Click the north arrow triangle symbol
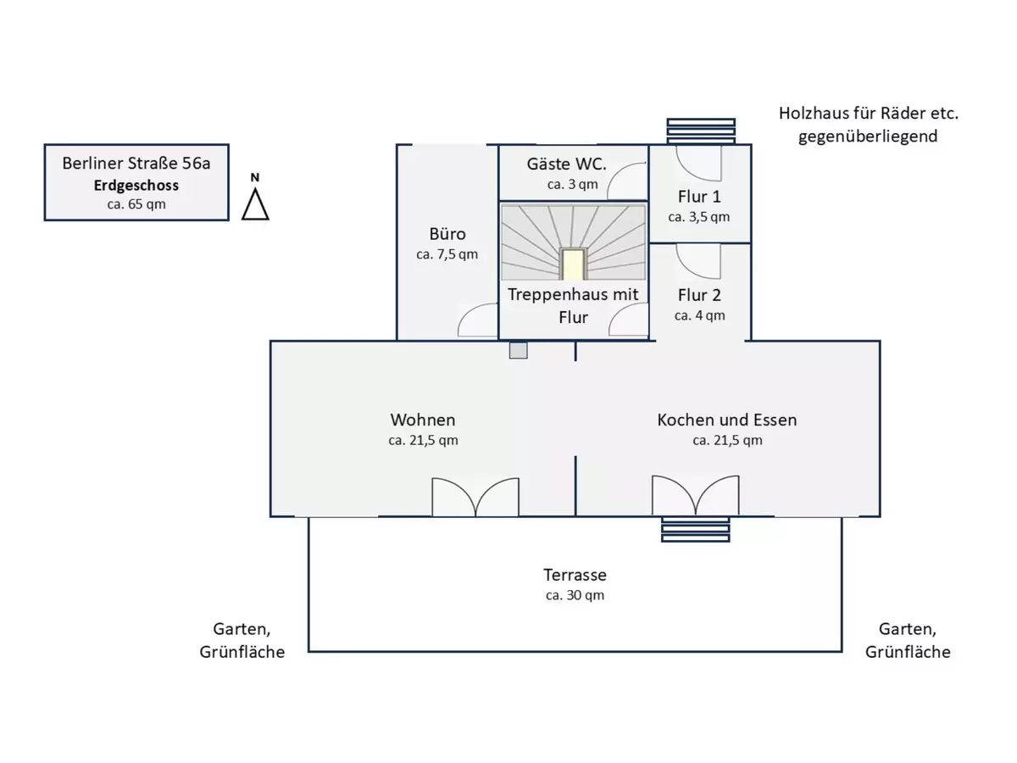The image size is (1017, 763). [x=255, y=203]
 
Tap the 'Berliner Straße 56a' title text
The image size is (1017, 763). [x=136, y=163]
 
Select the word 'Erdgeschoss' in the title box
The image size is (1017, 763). [x=136, y=185]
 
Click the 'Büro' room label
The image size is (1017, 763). [x=447, y=234]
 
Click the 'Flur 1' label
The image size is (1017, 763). [x=698, y=197]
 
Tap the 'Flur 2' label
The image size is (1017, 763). [x=699, y=295]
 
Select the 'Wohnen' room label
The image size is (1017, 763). [x=423, y=420]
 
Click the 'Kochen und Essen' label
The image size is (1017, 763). [x=727, y=420]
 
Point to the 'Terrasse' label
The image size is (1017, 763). [x=575, y=575]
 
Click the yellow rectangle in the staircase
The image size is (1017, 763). [x=574, y=264]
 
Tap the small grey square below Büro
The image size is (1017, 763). [x=519, y=350]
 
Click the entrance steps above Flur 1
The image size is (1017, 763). [x=700, y=132]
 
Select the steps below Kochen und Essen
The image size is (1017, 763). [x=695, y=528]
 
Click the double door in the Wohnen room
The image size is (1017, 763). [x=475, y=498]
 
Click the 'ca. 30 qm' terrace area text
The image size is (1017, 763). [x=575, y=595]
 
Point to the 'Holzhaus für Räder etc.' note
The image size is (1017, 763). [x=868, y=114]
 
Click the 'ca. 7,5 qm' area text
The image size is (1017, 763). [x=447, y=254]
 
